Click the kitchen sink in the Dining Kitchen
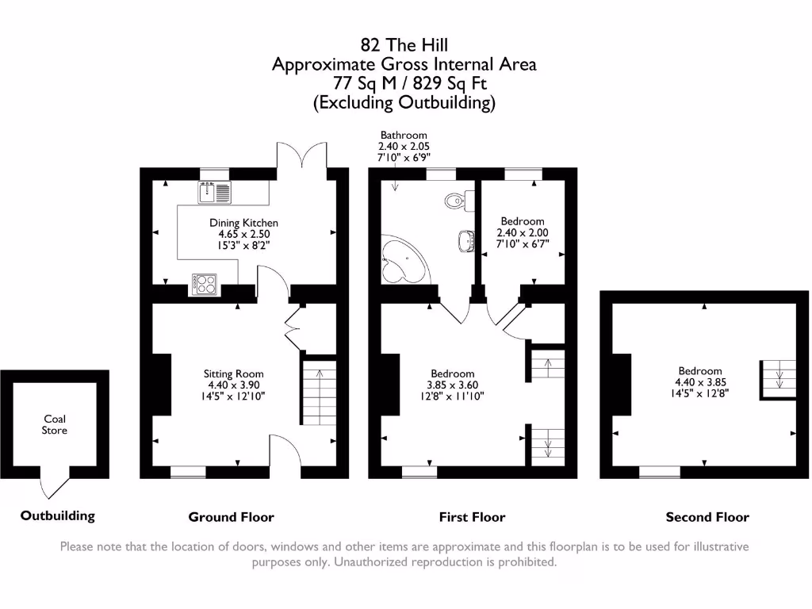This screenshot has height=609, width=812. point(214,193)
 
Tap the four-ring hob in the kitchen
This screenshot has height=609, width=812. point(204,285)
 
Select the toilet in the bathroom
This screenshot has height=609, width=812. point(459,201)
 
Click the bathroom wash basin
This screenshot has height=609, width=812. point(466,241)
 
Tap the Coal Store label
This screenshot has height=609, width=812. point(55,425)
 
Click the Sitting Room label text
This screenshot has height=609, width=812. point(234,374)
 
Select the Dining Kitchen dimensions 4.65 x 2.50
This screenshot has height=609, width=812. point(244,234)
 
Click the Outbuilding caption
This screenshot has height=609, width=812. point(57,515)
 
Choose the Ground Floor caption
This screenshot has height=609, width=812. point(231,517)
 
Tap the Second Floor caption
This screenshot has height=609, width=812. point(707,517)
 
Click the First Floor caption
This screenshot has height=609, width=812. point(473,517)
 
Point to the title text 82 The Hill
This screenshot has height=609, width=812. point(404,45)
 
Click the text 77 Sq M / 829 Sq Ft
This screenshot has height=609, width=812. point(410,83)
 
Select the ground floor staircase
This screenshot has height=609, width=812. point(319,393)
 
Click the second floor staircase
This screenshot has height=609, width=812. point(778,379)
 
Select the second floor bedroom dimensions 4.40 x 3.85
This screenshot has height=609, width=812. point(700,382)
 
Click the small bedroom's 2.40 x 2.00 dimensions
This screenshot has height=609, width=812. point(523,232)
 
